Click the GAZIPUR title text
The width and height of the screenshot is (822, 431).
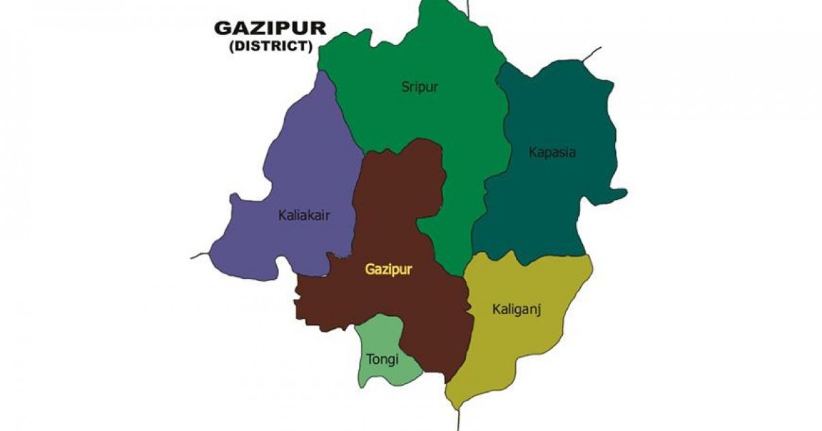click(x=270, y=28)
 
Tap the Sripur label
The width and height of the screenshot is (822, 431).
click(x=419, y=87)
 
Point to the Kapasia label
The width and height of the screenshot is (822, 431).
click(x=552, y=152)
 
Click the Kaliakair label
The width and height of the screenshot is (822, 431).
click(x=304, y=215)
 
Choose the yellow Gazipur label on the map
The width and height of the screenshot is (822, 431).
click(x=388, y=269)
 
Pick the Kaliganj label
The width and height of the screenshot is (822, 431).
click(x=516, y=309)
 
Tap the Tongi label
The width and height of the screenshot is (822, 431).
click(x=382, y=358)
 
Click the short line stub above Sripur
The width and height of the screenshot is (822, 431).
click(x=469, y=8)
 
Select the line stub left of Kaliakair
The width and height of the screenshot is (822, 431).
click(x=199, y=256)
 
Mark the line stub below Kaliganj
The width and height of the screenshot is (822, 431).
click(x=458, y=419)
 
